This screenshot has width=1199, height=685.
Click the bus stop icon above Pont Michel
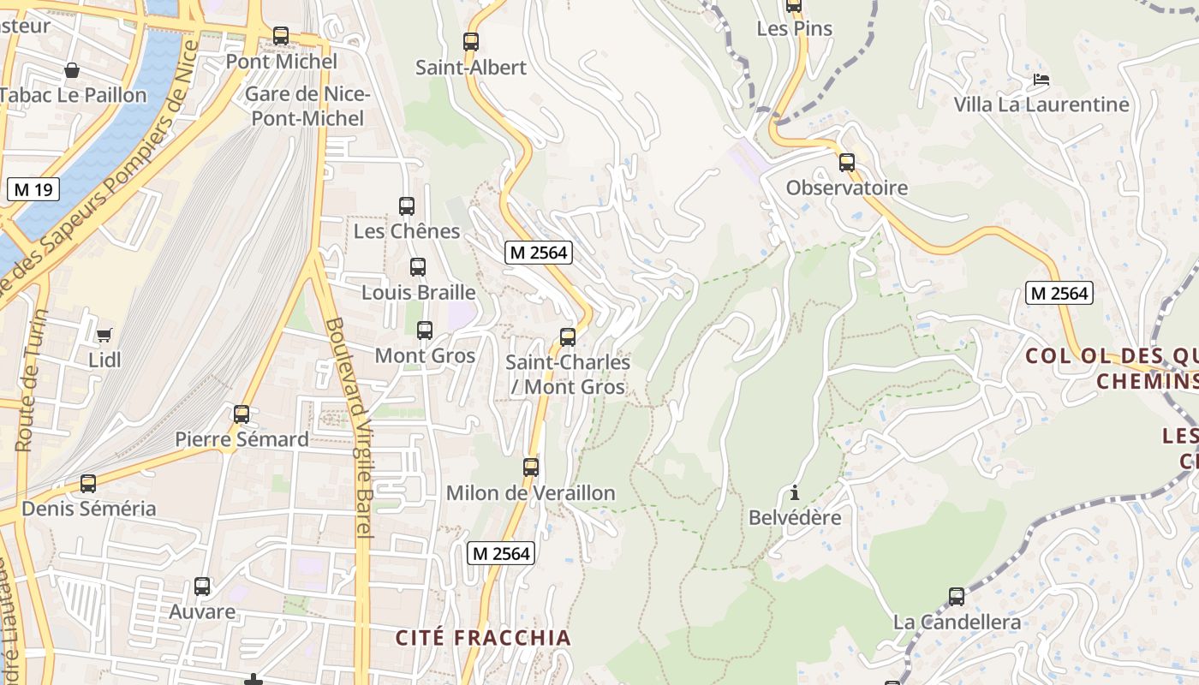(281, 36)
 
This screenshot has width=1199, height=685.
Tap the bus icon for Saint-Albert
(470, 41)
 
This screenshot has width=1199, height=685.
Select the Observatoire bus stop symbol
(846, 162)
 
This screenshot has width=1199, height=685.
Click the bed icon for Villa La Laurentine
(1041, 80)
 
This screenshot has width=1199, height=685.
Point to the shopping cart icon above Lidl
(104, 334)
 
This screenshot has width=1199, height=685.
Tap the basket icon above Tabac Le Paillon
(72, 69)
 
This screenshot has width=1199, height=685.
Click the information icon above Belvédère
(795, 492)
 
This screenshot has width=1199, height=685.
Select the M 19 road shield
(33, 189)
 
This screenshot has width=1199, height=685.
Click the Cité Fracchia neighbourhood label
(483, 638)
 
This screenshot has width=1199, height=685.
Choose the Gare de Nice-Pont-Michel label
(307, 106)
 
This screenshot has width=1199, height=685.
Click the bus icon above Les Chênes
(407, 205)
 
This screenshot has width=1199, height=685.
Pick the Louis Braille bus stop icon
(417, 266)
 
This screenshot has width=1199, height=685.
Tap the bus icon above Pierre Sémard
(242, 414)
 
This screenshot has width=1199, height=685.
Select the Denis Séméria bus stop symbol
(88, 484)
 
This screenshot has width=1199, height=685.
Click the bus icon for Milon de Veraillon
(531, 468)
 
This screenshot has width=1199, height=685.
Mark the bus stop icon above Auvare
(202, 587)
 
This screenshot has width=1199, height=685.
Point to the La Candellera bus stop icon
(957, 597)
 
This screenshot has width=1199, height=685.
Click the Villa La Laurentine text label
(1041, 104)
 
